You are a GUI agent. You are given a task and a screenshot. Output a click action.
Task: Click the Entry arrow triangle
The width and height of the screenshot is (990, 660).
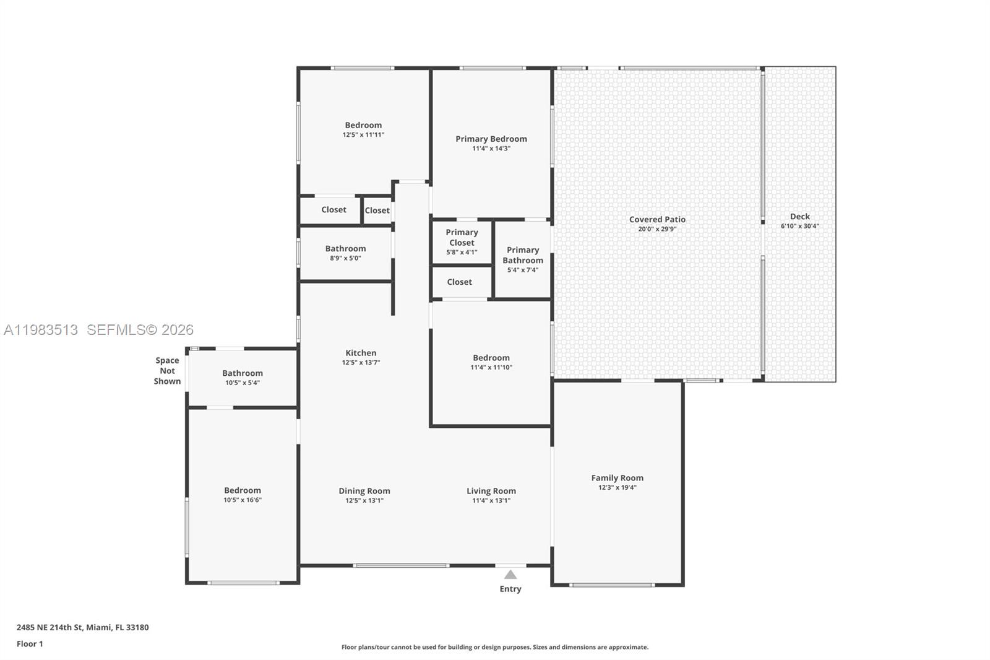[x=510, y=575]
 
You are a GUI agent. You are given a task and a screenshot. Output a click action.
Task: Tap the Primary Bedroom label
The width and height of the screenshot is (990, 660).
[x=491, y=139]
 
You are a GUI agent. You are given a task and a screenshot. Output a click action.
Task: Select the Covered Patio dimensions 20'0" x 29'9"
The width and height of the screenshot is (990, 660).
[x=657, y=229]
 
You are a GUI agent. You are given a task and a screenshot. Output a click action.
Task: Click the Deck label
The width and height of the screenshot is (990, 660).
[x=799, y=216]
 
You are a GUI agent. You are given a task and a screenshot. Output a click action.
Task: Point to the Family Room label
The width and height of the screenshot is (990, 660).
[x=617, y=477]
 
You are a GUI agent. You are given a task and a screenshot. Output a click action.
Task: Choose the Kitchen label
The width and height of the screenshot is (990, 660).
[x=361, y=352]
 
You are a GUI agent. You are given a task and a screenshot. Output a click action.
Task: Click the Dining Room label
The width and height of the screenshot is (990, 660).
[x=364, y=490]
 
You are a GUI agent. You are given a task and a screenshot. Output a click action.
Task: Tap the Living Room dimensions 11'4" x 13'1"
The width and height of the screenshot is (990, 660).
[x=491, y=500]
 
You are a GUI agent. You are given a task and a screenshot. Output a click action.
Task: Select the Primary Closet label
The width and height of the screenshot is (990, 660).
[x=462, y=237]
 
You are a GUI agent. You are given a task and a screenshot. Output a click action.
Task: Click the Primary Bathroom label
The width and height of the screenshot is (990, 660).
[x=523, y=254]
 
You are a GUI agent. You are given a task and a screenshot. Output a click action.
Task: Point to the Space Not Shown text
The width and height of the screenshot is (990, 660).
[x=167, y=370]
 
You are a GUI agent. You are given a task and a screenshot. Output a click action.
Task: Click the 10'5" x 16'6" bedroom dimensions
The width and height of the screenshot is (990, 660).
[x=243, y=500]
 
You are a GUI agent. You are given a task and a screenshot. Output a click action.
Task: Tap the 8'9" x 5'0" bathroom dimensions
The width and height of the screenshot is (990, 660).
[x=345, y=258]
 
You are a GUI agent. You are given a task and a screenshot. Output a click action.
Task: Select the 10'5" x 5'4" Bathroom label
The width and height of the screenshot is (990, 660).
[x=243, y=373]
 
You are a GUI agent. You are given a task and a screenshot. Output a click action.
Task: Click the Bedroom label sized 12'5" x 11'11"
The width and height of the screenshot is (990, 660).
[x=363, y=124]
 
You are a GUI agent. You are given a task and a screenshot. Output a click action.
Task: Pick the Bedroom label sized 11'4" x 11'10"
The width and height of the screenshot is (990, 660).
[x=491, y=357]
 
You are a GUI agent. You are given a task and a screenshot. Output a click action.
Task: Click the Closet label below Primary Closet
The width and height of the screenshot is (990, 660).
[x=459, y=282]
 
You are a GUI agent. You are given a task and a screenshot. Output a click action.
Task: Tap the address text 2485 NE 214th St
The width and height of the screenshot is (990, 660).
[x=49, y=627]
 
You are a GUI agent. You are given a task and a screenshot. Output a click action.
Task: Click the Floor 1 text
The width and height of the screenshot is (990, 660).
[x=30, y=644]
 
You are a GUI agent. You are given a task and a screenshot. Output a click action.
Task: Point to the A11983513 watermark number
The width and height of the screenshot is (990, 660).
[x=41, y=330]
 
